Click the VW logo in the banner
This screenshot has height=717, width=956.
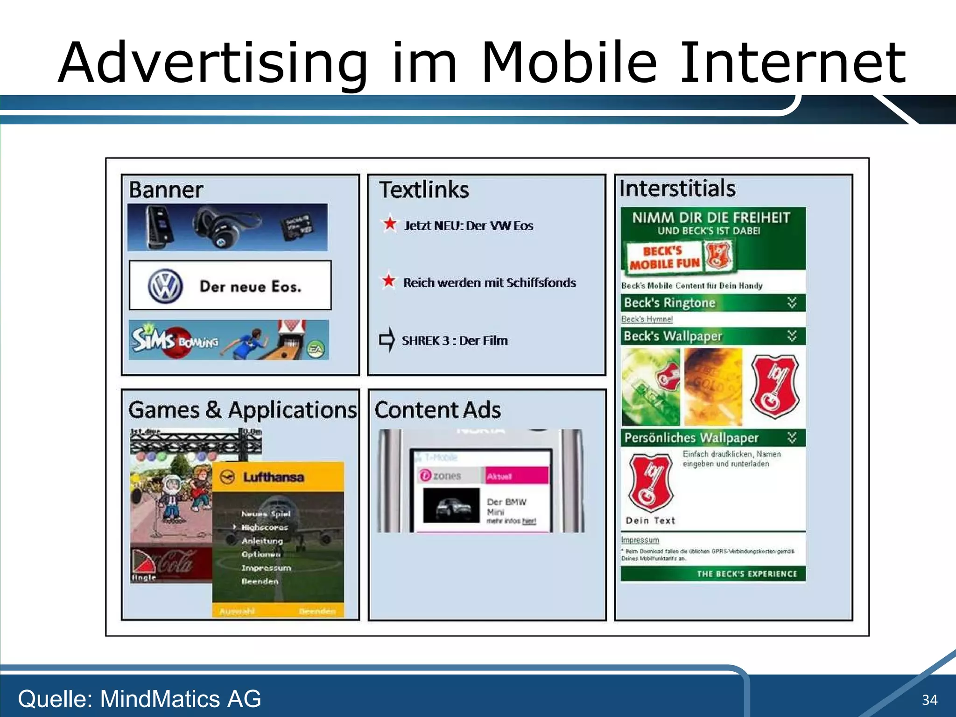point(165,286)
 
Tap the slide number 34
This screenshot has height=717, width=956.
point(929,700)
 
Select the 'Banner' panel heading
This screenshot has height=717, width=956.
point(166,190)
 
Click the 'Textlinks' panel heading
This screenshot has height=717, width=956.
point(424,190)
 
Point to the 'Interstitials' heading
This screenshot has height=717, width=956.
point(677,189)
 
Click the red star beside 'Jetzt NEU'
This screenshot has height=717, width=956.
point(390,224)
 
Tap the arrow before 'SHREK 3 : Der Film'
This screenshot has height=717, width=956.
point(387,339)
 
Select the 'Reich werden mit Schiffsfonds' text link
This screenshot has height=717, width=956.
point(489,282)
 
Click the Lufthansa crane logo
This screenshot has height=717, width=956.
point(227,477)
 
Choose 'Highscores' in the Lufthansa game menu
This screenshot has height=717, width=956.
point(264,527)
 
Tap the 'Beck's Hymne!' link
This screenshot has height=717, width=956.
point(647,319)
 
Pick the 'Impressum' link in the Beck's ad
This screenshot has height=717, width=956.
point(640,540)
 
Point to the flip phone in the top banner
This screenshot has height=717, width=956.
point(160,227)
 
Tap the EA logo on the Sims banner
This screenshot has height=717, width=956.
point(316,349)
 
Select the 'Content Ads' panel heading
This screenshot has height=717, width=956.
point(437,410)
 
